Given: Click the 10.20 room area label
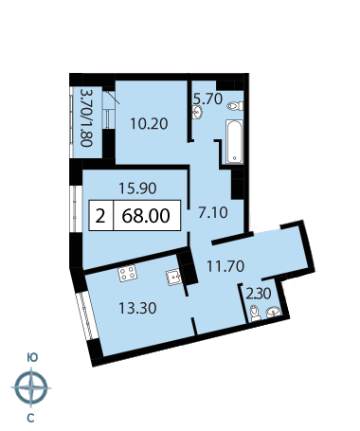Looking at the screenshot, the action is click(149, 124).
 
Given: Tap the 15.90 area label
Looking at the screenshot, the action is click(137, 189).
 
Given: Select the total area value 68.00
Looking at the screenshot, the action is click(146, 216).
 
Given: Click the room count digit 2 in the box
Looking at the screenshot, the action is click(100, 217).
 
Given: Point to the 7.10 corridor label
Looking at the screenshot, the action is click(213, 212).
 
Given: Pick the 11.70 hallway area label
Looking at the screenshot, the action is click(225, 266).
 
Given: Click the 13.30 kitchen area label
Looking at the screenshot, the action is click(137, 308).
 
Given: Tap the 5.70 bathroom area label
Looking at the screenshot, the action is click(208, 99).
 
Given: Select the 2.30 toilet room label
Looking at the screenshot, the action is click(259, 294).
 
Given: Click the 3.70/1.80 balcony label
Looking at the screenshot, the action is click(86, 117).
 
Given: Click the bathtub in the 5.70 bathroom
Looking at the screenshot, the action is click(235, 141).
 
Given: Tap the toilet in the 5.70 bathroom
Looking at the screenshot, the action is click(235, 106).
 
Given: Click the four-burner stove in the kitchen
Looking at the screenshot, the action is click(128, 273).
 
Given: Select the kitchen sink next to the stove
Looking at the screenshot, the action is click(173, 278).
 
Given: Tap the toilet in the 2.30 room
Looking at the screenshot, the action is click(255, 314).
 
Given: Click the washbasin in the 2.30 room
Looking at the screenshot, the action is click(273, 312).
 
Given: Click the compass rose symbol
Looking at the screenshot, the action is click(31, 387).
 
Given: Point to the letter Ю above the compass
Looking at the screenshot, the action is click(32, 357).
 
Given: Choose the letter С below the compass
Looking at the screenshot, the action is click(30, 419).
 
